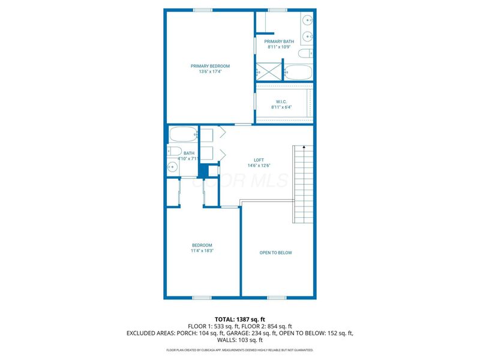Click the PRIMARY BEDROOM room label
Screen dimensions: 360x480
210,66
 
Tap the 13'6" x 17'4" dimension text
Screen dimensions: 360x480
210,72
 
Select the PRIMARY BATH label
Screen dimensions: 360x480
279,41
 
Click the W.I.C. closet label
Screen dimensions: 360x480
281,101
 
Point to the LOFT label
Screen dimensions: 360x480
259,160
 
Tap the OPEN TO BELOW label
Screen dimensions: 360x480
275,253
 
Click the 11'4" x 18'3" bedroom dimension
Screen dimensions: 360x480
202,251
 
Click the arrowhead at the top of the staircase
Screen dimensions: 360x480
304,146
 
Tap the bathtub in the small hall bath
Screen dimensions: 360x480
182,134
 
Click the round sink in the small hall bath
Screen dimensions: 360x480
172,168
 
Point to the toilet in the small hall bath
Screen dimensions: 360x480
175,151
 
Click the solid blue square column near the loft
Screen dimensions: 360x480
203,170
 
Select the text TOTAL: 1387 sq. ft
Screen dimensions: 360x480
239,319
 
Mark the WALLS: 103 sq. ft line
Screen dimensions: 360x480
239,340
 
